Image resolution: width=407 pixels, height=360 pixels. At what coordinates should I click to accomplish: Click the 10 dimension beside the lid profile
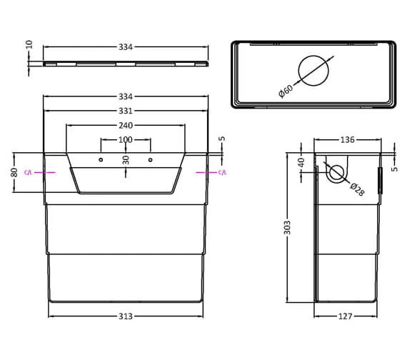(29, 44)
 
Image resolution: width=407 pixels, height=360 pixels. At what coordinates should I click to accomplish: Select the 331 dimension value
(126, 111)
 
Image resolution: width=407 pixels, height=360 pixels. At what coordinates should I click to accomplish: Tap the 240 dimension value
(126, 125)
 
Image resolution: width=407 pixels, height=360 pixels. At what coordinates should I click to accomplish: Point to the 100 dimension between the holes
(126, 139)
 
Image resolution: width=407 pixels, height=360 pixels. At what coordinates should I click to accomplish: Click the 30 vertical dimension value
(126, 160)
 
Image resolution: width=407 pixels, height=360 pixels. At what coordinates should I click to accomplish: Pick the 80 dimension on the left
(14, 172)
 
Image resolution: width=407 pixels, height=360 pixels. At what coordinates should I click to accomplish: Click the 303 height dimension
(286, 228)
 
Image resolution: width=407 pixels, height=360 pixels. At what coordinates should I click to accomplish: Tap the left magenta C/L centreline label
(29, 173)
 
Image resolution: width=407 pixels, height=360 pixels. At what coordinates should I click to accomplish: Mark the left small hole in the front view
(101, 159)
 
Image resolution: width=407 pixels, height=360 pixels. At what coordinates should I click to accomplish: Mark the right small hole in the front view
(151, 159)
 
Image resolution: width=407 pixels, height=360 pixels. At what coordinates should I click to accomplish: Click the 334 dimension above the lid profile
(126, 48)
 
